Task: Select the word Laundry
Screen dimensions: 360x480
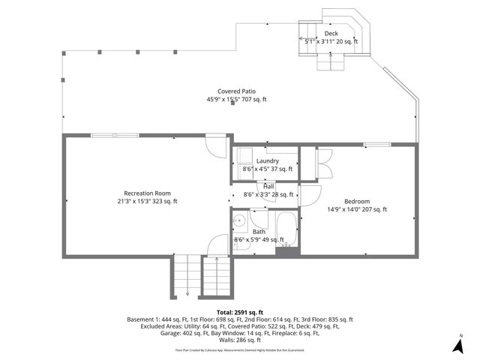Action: [x=268, y=161]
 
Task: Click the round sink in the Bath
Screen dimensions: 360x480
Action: [x=238, y=221]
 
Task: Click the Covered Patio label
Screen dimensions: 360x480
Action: [x=236, y=91]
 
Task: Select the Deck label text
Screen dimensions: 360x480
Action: [x=331, y=34]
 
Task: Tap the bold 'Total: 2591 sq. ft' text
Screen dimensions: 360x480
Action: [x=239, y=311]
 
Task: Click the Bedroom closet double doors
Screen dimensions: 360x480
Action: [x=324, y=163]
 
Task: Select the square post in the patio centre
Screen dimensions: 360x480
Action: [x=232, y=103]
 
